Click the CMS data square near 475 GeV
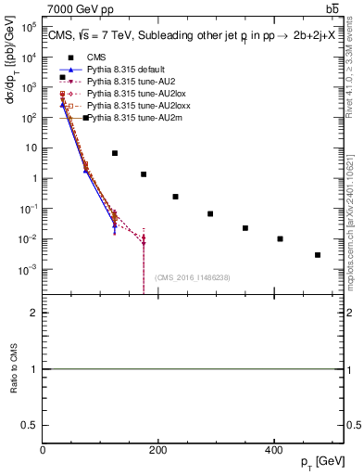(x=318, y=254)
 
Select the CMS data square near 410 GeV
(x=280, y=238)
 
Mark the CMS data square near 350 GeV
(x=245, y=227)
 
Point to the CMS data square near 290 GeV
(x=210, y=213)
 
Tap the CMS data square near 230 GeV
(x=175, y=197)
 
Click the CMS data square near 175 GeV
(x=144, y=174)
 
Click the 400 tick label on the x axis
(x=273, y=449)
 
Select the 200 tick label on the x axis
(x=158, y=449)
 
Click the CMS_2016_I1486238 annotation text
(x=193, y=277)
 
